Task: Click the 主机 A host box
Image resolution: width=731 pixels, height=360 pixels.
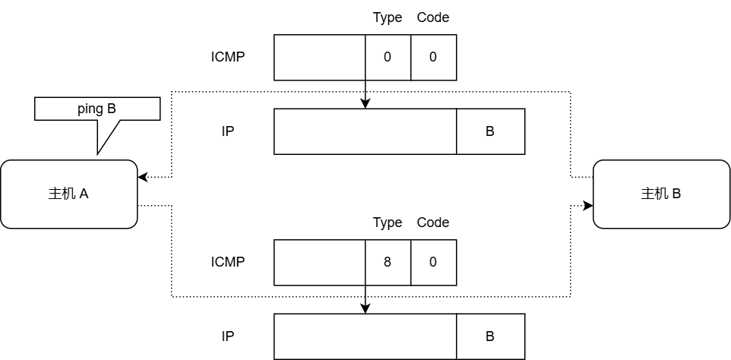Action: [68, 194]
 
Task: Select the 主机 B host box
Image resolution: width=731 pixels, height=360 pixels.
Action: [661, 194]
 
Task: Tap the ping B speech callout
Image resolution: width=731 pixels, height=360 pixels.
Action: [97, 109]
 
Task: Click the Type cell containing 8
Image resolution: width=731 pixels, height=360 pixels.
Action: [388, 262]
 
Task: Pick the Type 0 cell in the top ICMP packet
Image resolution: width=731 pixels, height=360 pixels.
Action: [388, 57]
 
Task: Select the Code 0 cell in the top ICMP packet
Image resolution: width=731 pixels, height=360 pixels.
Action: [433, 57]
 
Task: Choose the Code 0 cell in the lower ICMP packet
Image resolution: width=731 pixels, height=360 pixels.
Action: [433, 262]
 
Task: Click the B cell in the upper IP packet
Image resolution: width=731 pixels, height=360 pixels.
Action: [490, 131]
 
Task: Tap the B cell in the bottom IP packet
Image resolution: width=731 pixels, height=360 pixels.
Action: [490, 336]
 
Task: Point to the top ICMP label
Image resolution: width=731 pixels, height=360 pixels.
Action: [228, 57]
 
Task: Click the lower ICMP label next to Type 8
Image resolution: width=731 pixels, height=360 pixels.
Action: [228, 262]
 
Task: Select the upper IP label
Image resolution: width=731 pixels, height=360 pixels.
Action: [228, 131]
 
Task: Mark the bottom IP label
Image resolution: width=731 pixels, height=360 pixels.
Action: [228, 336]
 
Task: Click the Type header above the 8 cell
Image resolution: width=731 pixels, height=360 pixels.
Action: [388, 223]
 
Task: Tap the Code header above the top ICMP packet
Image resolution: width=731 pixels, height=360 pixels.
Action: [433, 17]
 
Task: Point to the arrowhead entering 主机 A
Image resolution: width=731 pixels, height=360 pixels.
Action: [142, 177]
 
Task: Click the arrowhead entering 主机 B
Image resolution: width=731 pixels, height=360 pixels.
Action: [587, 205]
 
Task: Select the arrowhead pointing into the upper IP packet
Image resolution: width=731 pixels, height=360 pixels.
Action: [365, 104]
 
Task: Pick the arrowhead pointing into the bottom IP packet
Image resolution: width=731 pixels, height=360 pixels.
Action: [365, 309]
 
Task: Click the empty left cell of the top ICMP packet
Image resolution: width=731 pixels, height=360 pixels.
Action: [319, 57]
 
